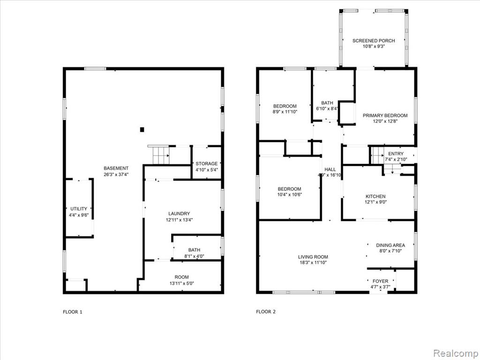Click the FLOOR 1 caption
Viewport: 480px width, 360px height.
73,312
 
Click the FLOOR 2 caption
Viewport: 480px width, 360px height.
266,312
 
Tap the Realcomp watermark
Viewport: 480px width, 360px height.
455,353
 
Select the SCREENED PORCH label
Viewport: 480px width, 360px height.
374,41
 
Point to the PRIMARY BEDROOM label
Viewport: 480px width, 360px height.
385,115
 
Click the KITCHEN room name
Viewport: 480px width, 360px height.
375,196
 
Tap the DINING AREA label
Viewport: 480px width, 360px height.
390,245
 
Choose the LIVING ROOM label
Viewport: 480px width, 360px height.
313,257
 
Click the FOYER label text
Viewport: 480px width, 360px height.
381,281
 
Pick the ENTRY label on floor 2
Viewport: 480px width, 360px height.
396,154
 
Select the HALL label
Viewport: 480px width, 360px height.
330,169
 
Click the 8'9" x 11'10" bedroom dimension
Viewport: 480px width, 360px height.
285,112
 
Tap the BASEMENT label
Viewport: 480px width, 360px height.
116,168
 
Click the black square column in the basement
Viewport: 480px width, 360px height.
142,130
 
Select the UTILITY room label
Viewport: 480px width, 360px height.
79,209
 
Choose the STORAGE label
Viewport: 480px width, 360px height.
207,164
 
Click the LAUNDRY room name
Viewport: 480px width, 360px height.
179,214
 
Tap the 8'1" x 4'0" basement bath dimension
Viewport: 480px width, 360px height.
195,256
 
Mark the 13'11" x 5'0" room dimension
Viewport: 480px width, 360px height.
182,284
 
